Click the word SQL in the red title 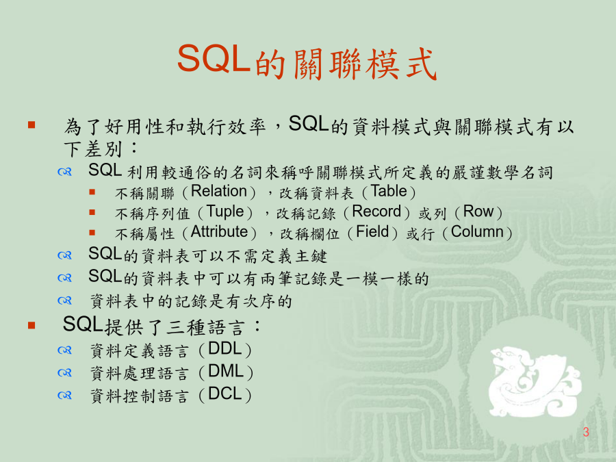pos(214,58)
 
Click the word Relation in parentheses pos(219,191)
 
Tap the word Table pos(389,191)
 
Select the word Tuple pos(224,211)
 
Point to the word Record pos(376,211)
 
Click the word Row pos(478,211)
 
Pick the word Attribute pos(219,232)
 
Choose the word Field pos(372,232)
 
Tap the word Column pos(477,232)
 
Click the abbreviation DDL pos(224,348)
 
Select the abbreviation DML pos(225,371)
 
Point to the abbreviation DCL pos(224,394)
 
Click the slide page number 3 pos(586,432)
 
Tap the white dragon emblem pos(535,382)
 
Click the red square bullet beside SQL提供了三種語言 pos(31,325)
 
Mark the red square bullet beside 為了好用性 pos(31,125)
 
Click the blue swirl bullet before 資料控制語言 pos(64,395)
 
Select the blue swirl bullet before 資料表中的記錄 pos(64,301)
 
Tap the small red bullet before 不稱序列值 pos(92,212)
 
